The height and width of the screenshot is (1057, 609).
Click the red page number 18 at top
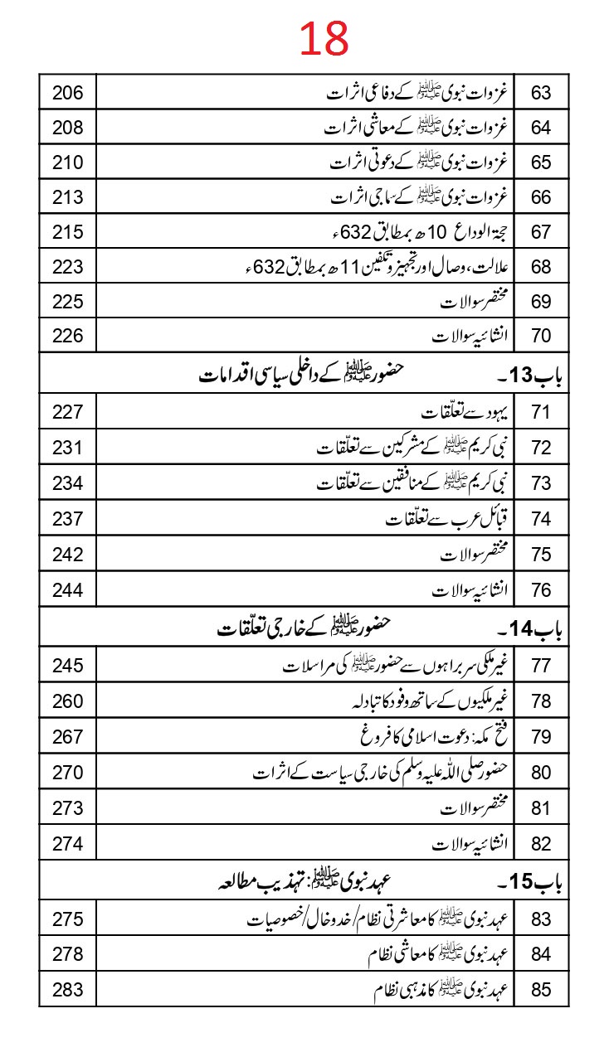click(324, 40)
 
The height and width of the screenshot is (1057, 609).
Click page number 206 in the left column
click(68, 93)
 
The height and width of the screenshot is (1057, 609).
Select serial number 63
click(541, 93)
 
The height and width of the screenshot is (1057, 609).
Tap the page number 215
click(68, 232)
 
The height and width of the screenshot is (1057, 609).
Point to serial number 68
click(541, 267)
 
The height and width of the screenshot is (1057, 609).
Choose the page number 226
click(68, 337)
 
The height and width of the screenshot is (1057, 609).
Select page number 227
click(68, 414)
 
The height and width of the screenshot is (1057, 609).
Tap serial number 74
click(541, 519)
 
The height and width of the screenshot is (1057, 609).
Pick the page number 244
click(68, 590)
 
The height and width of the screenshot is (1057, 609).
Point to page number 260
click(68, 702)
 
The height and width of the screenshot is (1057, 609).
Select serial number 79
click(541, 737)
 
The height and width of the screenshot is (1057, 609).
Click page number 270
click(68, 773)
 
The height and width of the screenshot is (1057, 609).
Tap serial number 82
click(541, 844)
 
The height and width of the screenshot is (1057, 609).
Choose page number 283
click(68, 990)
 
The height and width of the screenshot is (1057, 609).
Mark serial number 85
click(541, 990)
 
